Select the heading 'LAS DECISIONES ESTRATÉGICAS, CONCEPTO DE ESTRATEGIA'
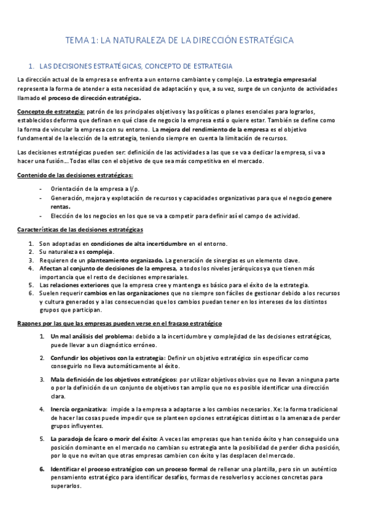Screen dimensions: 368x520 (135, 66)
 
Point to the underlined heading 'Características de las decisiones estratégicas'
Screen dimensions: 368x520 (80, 229)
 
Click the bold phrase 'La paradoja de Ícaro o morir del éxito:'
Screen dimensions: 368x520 (104, 439)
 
